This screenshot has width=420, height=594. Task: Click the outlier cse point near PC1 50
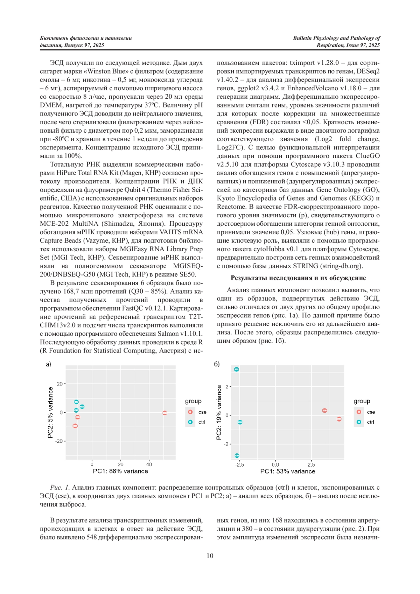point(164,413)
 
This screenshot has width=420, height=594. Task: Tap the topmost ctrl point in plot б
point(237,369)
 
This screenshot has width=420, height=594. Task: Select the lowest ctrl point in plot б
point(237,455)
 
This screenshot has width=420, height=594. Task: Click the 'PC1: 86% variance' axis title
point(120,471)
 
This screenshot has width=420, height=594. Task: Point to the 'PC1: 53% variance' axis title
point(288,471)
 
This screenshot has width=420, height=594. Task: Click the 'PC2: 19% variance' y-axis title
point(219,412)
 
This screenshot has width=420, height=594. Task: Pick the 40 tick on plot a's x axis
point(149,464)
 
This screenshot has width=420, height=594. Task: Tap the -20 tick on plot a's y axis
point(59,441)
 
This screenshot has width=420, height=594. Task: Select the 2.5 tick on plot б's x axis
point(311,465)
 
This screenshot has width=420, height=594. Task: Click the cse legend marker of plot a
point(190,412)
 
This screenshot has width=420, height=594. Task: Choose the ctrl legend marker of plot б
point(359,422)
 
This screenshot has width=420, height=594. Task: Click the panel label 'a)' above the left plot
point(48,364)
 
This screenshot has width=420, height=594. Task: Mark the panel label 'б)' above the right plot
point(217,364)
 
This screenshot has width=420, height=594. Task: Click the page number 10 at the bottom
point(210,555)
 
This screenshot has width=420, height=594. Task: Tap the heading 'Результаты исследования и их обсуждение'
point(298,278)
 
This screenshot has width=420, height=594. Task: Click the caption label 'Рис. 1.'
point(60,487)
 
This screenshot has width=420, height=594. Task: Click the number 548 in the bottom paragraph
point(92,537)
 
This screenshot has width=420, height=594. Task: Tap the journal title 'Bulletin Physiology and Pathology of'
point(336,38)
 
